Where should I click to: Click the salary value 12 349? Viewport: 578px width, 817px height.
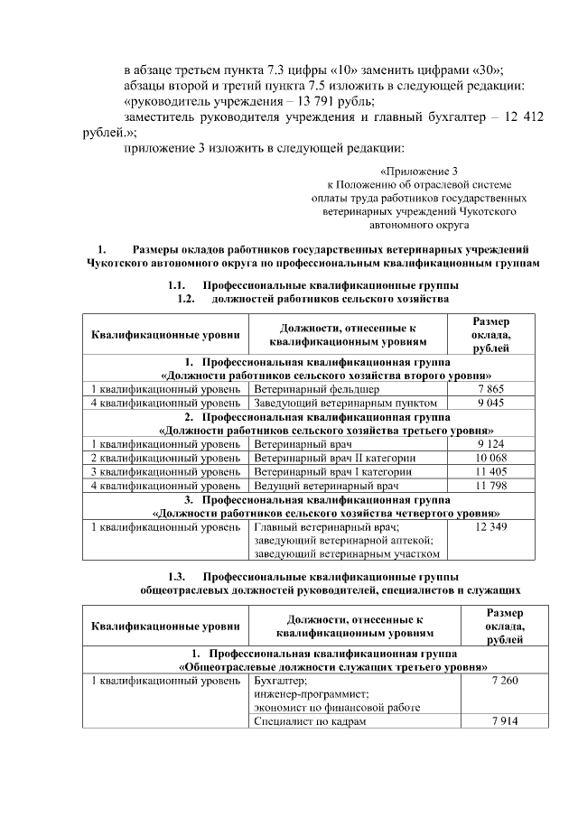tap(490, 526)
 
